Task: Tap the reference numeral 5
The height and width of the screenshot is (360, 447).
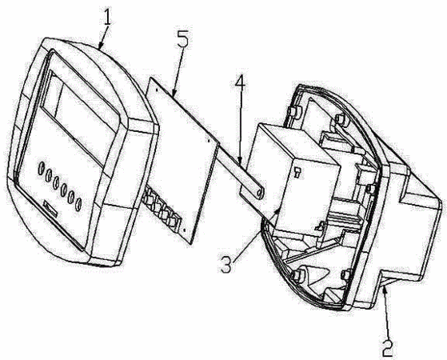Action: pyautogui.click(x=182, y=40)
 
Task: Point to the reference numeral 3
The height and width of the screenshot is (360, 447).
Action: pyautogui.click(x=226, y=265)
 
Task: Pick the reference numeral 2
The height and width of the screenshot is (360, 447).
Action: pyautogui.click(x=387, y=347)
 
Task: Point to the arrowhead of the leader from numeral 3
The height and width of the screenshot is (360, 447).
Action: pyautogui.click(x=278, y=211)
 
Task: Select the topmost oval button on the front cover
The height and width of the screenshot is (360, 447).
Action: pyautogui.click(x=42, y=168)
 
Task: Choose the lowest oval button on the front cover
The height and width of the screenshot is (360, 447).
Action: pyautogui.click(x=78, y=204)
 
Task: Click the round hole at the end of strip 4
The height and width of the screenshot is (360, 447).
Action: pyautogui.click(x=260, y=193)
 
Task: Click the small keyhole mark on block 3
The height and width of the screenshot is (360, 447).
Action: pyautogui.click(x=297, y=173)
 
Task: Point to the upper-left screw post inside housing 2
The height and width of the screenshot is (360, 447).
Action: pyautogui.click(x=293, y=111)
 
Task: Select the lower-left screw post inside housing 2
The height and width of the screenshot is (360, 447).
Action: pyautogui.click(x=297, y=275)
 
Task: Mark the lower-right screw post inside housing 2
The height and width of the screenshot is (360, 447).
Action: pyautogui.click(x=345, y=274)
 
